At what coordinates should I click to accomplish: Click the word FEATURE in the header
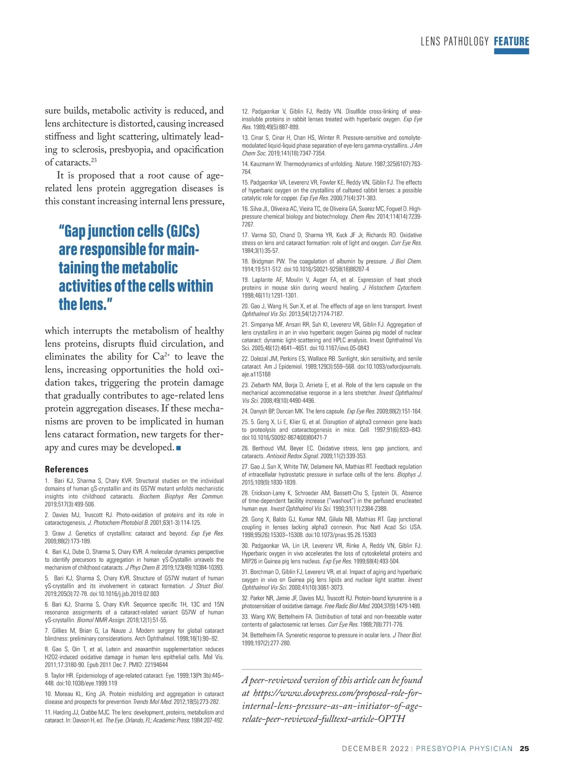click(x=511, y=41)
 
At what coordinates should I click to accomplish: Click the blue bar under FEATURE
click(x=511, y=51)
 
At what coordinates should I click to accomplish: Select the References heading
click(x=66, y=469)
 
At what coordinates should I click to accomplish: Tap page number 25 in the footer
click(x=524, y=748)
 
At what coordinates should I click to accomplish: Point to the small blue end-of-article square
click(x=178, y=448)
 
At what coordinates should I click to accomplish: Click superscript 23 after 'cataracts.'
click(x=94, y=160)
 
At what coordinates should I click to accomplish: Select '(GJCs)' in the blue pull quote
click(x=177, y=231)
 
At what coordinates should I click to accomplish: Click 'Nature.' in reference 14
click(x=364, y=164)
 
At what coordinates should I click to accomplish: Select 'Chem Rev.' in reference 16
click(x=364, y=217)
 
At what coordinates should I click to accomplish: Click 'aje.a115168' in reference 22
click(x=256, y=374)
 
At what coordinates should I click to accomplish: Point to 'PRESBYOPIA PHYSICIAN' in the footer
click(x=464, y=748)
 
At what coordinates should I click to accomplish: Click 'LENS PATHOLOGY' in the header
click(x=454, y=42)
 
